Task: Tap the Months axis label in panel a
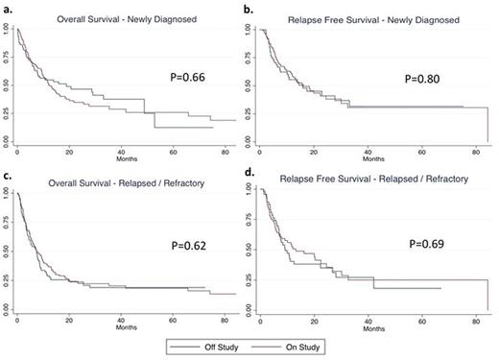pyautogui.click(x=127, y=158)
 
